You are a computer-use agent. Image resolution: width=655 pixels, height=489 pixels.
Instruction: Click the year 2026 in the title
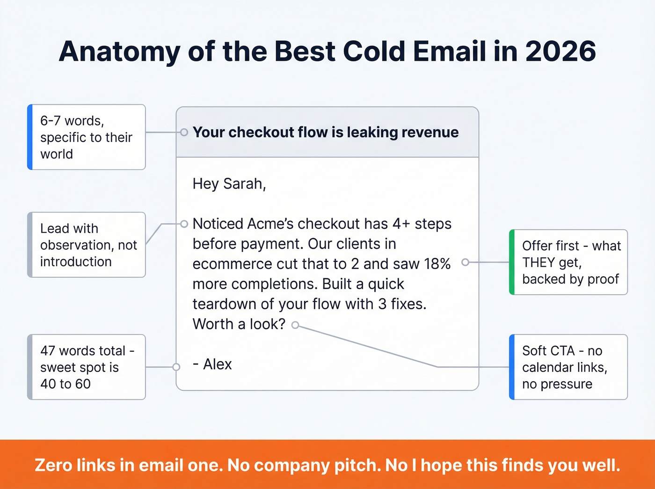click(x=560, y=51)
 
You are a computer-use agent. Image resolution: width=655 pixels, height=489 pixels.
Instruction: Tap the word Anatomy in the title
click(x=119, y=51)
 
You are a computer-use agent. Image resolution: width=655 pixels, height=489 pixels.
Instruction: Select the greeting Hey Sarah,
click(x=229, y=183)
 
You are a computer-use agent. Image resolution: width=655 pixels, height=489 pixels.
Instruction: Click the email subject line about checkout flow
click(x=326, y=132)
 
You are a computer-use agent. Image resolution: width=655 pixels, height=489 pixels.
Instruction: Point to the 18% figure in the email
click(x=437, y=263)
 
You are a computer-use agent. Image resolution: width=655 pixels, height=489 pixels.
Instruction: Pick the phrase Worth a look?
click(x=239, y=324)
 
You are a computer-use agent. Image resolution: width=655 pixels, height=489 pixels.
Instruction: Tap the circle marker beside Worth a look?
click(x=295, y=325)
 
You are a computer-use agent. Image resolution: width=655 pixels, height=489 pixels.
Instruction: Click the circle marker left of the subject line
click(x=184, y=132)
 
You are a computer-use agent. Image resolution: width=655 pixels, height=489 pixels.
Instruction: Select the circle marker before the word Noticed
click(x=184, y=224)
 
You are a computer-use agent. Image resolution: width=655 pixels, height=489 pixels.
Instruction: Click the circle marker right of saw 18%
click(x=465, y=263)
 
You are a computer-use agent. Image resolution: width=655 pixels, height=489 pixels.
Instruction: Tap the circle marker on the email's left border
click(x=176, y=367)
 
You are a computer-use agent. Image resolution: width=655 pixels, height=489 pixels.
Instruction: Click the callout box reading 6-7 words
click(x=87, y=137)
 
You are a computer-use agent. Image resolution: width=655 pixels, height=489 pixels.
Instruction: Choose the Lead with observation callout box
click(x=87, y=245)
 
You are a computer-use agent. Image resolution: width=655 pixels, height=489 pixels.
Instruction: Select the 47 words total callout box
click(x=87, y=367)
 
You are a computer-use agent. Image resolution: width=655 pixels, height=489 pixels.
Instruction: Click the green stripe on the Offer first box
click(x=512, y=262)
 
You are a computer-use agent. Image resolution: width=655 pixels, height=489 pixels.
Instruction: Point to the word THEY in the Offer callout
click(x=538, y=263)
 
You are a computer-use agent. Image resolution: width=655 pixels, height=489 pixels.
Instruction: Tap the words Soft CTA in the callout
click(x=548, y=350)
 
